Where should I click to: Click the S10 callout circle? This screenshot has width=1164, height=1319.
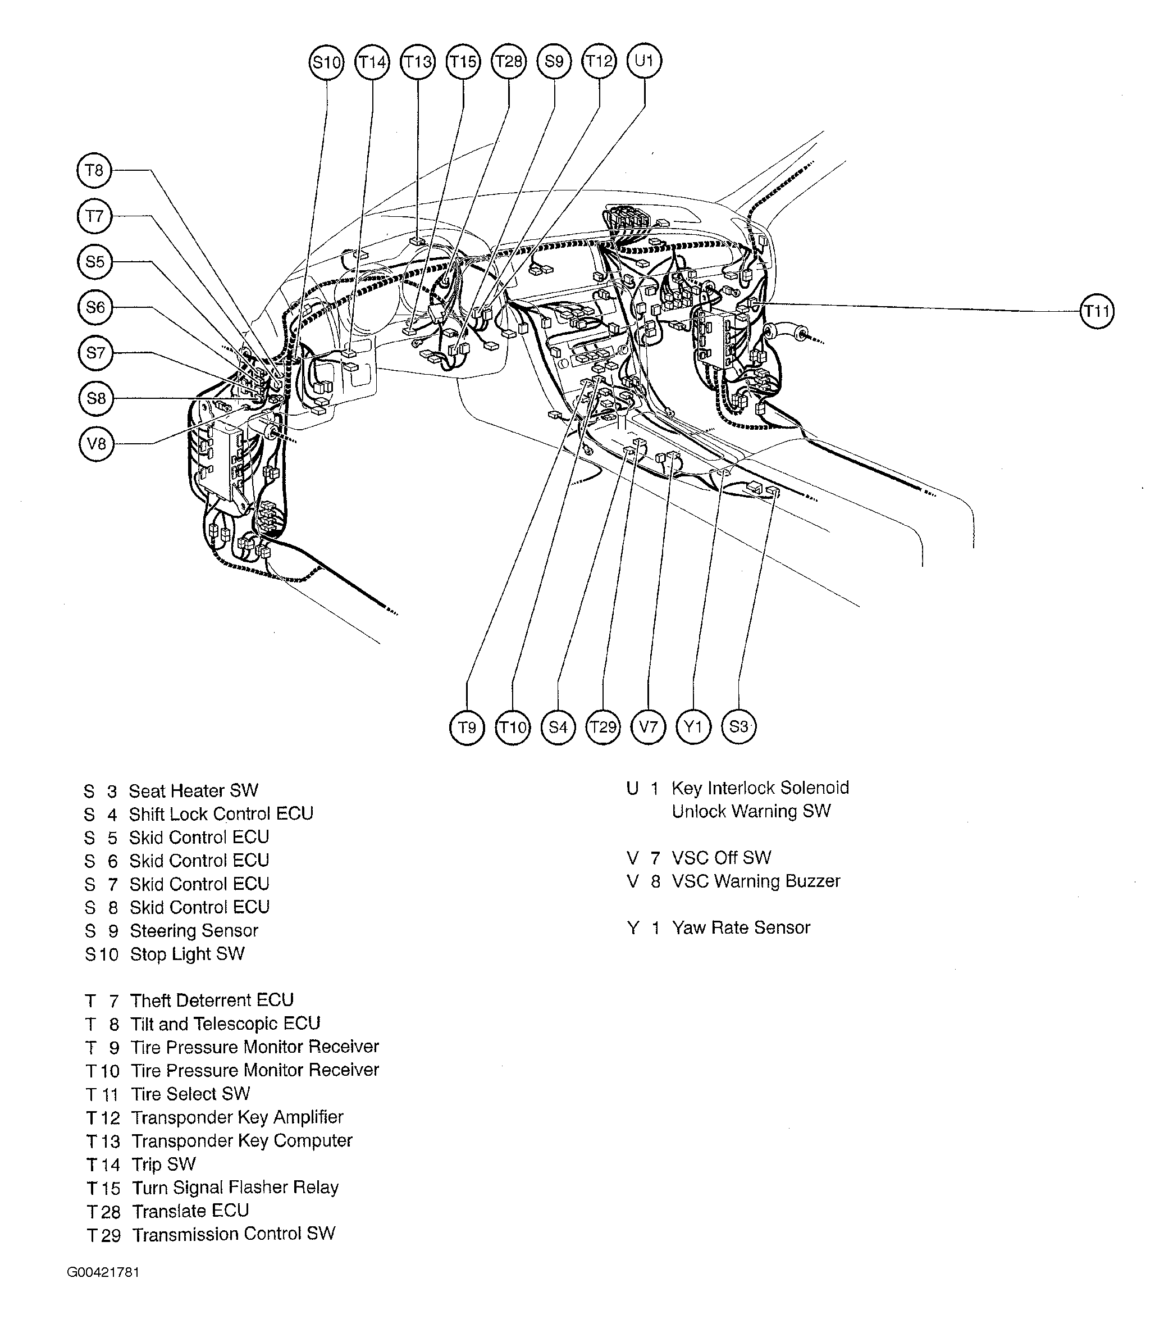(326, 62)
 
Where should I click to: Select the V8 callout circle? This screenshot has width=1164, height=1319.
(96, 444)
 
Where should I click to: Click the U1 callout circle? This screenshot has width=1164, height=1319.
(644, 61)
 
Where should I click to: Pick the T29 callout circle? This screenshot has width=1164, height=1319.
(603, 727)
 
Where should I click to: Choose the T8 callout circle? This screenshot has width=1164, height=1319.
(94, 170)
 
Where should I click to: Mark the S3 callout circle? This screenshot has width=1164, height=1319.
(738, 727)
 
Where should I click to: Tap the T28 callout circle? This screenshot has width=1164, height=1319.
(509, 62)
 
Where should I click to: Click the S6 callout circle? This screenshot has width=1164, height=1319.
(95, 307)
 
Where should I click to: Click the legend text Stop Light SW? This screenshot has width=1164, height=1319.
(187, 954)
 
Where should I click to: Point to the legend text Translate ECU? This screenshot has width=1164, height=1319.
(190, 1211)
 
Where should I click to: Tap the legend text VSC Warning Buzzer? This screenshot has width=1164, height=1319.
(756, 881)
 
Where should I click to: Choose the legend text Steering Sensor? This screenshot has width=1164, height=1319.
(194, 931)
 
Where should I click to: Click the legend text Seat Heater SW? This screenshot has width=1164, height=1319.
(194, 791)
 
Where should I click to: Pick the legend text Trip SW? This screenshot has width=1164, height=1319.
(163, 1165)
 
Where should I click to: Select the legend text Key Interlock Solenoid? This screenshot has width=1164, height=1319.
(760, 788)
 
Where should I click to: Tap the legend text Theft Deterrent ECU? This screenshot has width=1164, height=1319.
(212, 1001)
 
